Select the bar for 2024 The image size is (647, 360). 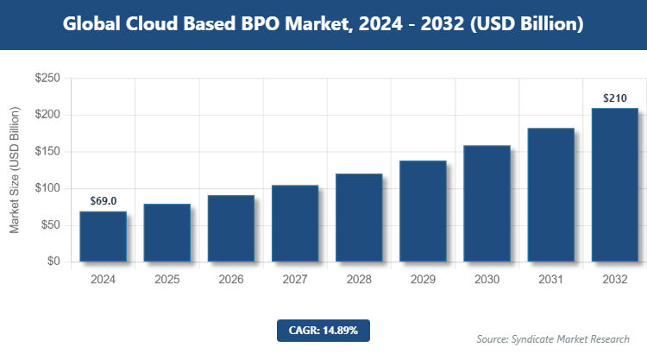[104, 237]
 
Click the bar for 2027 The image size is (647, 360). [295, 224]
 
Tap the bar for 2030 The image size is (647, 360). [487, 204]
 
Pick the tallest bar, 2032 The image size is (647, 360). [614, 185]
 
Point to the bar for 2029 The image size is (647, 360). [423, 212]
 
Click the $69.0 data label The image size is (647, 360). [104, 200]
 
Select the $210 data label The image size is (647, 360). [614, 98]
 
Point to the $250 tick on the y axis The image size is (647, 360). [47, 79]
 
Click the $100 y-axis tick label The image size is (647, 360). [47, 188]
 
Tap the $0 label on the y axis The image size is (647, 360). [53, 262]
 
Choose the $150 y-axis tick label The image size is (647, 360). [47, 152]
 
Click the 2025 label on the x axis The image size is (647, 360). [167, 280]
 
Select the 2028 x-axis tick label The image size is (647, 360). [359, 280]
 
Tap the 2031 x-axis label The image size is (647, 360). [550, 280]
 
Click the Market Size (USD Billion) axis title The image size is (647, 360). [15, 170]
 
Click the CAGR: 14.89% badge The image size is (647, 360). [323, 330]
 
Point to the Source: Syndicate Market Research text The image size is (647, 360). [553, 338]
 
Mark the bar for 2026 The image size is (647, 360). [231, 229]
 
